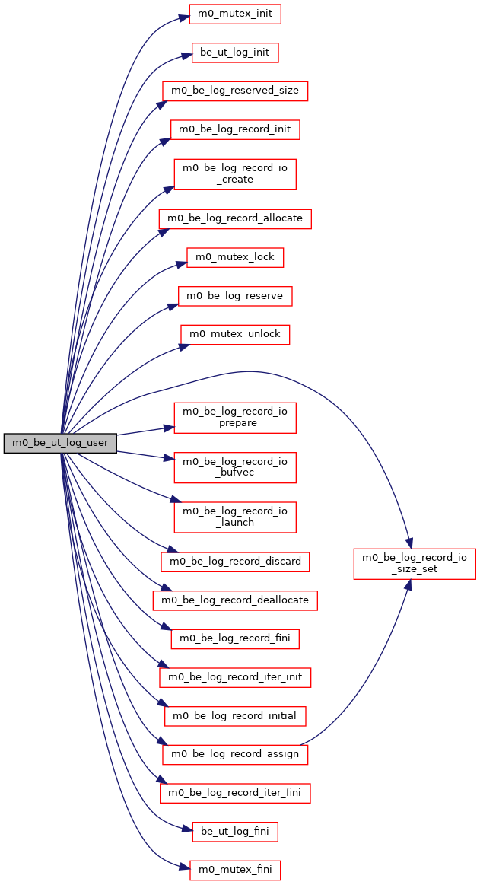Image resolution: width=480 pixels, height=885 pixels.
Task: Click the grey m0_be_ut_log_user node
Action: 60,442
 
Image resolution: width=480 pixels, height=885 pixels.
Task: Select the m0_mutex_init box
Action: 235,14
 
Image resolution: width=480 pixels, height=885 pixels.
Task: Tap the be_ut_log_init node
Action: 235,53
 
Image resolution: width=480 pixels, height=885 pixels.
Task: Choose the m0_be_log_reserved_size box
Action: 235,91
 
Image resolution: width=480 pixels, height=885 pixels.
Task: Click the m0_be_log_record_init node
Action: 235,129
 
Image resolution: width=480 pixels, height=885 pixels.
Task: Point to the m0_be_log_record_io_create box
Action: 235,174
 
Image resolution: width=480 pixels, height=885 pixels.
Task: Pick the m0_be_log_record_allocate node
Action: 235,218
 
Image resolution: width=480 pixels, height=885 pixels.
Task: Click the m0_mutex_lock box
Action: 235,257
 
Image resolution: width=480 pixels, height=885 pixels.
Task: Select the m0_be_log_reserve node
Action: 235,296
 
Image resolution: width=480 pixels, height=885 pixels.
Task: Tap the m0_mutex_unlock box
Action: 235,334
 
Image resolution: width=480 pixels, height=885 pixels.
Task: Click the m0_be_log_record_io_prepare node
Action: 235,418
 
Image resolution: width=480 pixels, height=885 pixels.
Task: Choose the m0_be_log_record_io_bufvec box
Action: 235,467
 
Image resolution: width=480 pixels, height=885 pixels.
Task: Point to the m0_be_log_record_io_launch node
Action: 235,517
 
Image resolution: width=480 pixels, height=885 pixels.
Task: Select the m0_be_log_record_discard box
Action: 235,562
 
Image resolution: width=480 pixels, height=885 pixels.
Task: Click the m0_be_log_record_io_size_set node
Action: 415,563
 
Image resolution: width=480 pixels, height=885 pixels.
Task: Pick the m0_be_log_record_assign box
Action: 235,754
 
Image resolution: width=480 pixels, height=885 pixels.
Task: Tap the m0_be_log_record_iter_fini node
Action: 235,793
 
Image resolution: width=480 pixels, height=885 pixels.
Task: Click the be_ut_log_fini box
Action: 235,832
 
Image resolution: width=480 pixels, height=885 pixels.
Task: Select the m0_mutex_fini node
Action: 235,870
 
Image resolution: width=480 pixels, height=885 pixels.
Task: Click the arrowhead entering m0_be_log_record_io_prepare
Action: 169,428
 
